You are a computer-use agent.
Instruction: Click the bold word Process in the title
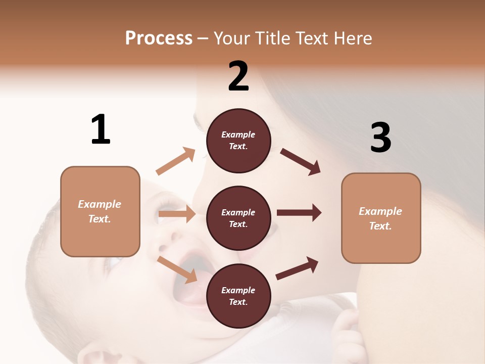click(159, 38)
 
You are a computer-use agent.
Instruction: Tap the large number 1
click(101, 129)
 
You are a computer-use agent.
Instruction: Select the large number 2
click(238, 76)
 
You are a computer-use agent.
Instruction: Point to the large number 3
click(380, 138)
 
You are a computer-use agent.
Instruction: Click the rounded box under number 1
click(100, 211)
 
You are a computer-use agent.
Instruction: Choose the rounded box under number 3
click(381, 218)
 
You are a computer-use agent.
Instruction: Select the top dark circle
click(238, 141)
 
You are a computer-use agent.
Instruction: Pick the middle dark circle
click(238, 218)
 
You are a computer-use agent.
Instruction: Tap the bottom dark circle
click(238, 296)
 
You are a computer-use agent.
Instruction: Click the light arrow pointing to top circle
click(175, 161)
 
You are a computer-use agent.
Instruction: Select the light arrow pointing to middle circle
click(177, 214)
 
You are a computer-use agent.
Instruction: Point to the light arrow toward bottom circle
click(177, 269)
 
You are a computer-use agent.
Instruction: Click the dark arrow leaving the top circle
click(301, 161)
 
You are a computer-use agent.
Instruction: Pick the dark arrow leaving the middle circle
click(299, 213)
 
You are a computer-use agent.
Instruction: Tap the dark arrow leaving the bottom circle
click(297, 268)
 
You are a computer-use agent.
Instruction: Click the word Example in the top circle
click(238, 135)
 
